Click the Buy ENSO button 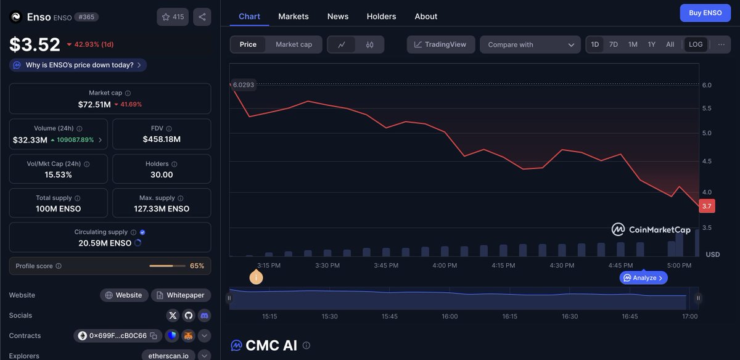coord(705,13)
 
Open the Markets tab coord(294,17)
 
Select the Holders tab coord(381,17)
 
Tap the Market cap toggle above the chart coord(294,44)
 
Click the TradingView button coord(441,44)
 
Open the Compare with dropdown coord(530,44)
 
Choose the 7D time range coord(614,44)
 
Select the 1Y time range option coord(651,44)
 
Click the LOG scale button coord(696,44)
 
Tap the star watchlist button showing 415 coord(173,17)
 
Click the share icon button coord(202,17)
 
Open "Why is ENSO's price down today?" coord(78,65)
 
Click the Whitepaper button coord(181,295)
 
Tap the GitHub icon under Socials coord(188,316)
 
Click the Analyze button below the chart coord(643,278)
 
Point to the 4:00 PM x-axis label coord(445,266)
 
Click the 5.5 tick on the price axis coord(707,108)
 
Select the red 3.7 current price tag coord(707,207)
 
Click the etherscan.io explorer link coord(168,356)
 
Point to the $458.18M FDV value coord(162,139)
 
